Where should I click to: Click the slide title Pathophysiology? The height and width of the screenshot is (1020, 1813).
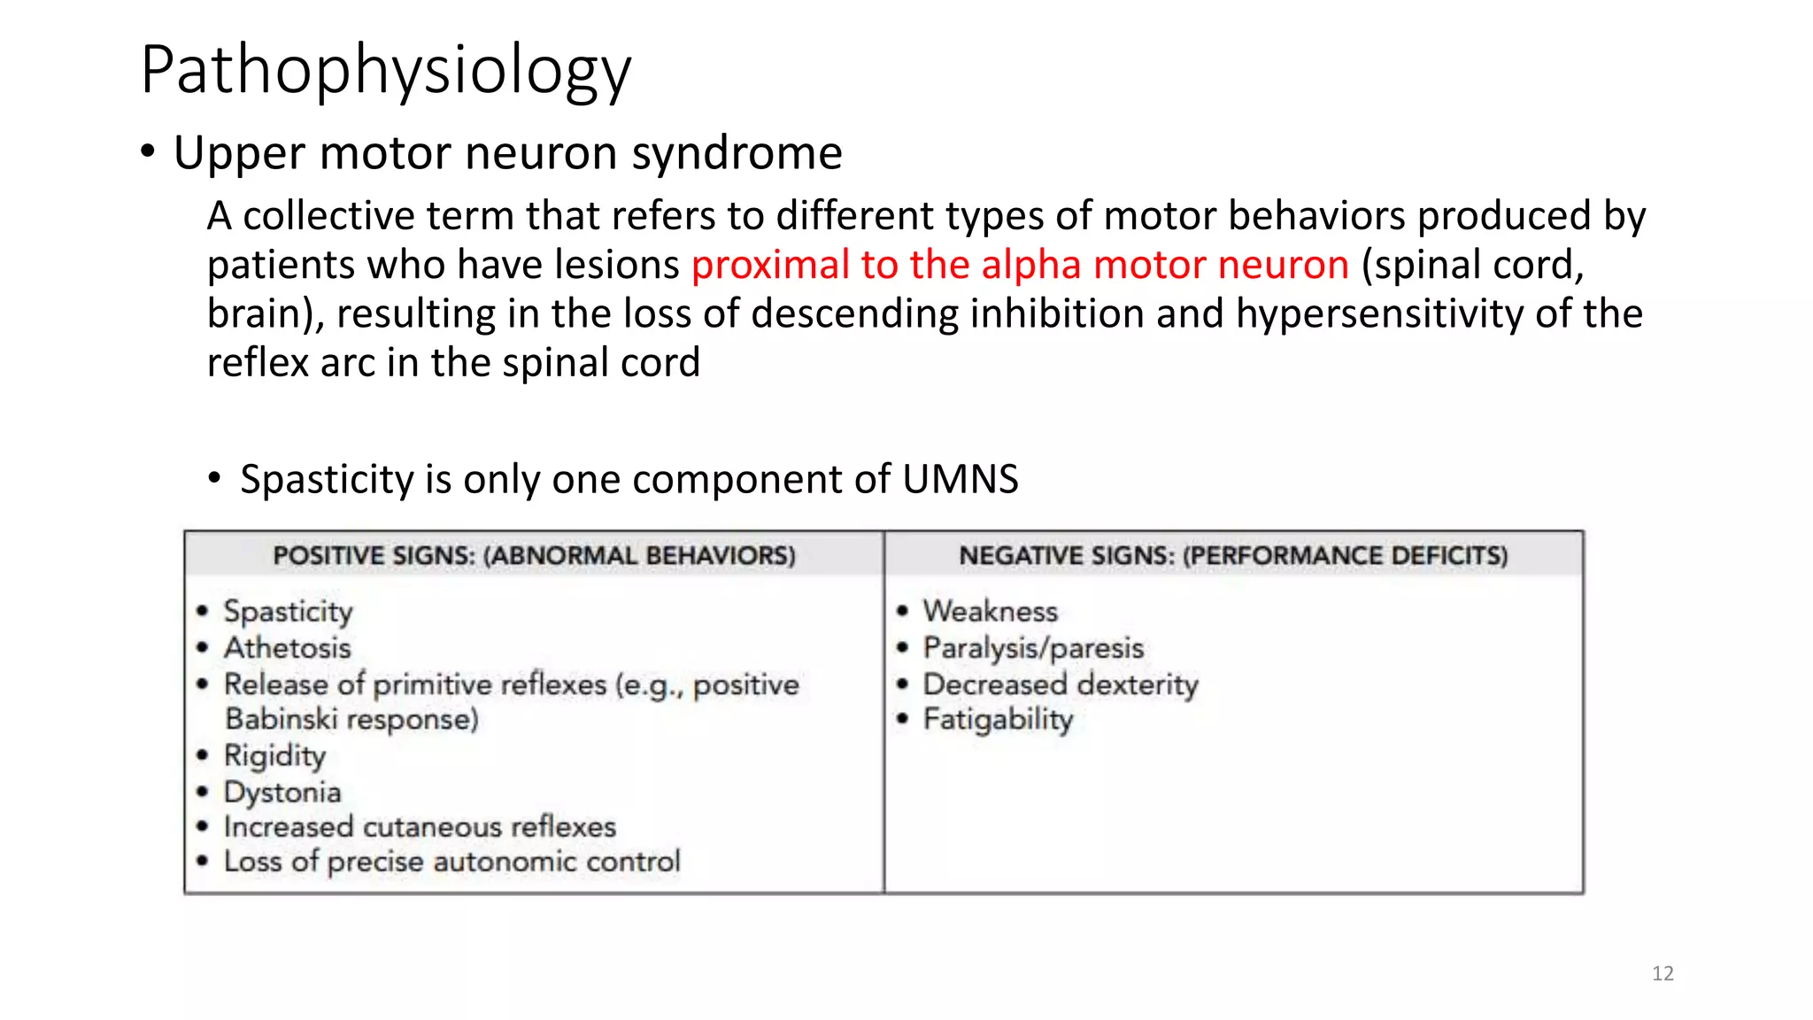[x=386, y=71]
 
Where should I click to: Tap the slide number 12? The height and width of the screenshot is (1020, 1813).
[x=1663, y=974]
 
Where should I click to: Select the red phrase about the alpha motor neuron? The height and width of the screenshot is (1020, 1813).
[x=1020, y=265]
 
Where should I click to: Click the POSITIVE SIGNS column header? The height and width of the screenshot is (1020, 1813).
[x=534, y=556]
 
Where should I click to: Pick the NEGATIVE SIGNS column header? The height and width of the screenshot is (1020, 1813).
[x=1233, y=556]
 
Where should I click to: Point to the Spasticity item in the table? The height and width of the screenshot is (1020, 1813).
[x=288, y=611]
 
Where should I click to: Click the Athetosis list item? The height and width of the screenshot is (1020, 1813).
[x=287, y=648]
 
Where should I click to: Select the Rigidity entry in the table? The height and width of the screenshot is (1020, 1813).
[x=274, y=756]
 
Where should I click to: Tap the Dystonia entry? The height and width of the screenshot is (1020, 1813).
[x=282, y=792]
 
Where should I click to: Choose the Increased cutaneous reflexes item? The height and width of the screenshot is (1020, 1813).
[x=420, y=827]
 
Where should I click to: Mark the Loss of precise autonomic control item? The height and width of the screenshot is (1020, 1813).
[x=451, y=862]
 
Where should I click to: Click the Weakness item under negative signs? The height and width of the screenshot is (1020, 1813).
[x=990, y=611]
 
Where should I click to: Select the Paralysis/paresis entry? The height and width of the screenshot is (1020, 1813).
[x=1033, y=648]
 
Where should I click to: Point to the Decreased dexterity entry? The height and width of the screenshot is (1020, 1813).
[x=1061, y=684]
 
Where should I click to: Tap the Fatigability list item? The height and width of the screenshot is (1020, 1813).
[x=998, y=720]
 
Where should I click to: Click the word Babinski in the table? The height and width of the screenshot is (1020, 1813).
[x=281, y=720]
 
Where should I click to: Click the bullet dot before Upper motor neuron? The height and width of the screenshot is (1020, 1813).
[x=148, y=152]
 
